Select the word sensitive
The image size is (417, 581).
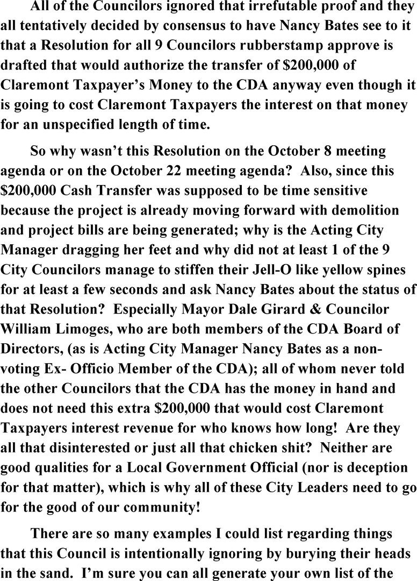(x=350, y=190)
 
